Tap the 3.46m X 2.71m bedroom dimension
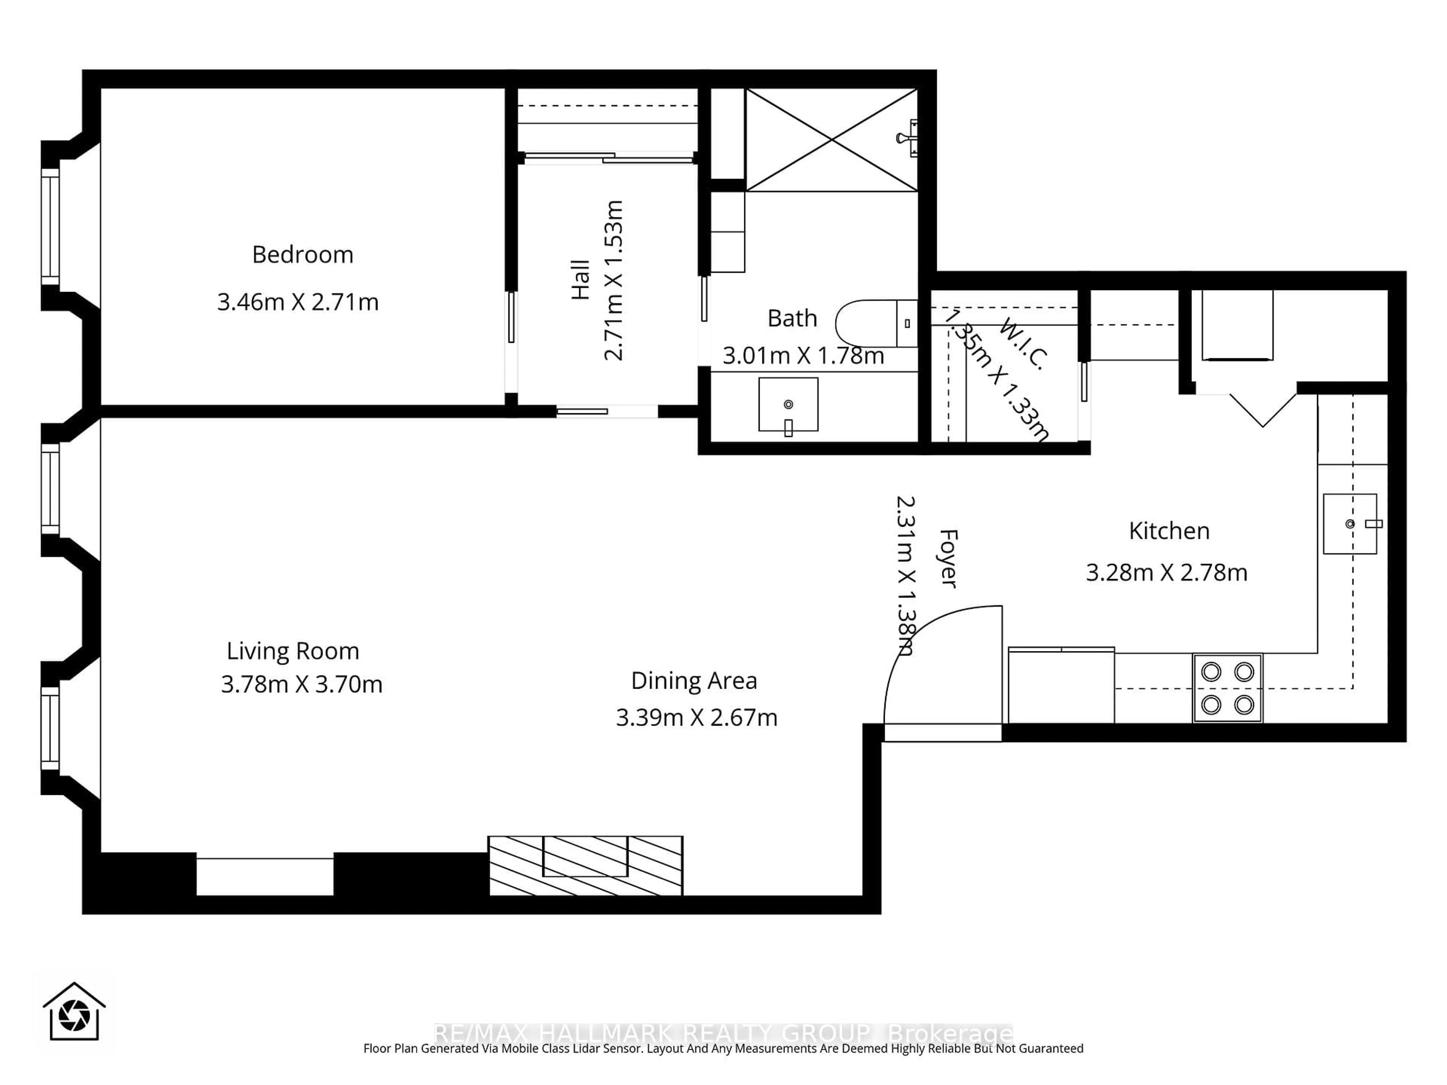coord(298,302)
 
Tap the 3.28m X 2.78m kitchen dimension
coord(1166,572)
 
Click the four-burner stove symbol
coord(1227,688)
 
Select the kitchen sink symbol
coord(1349,524)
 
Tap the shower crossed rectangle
coord(831,140)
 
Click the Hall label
coord(580,280)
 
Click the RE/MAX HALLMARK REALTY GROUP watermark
coord(723,1033)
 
